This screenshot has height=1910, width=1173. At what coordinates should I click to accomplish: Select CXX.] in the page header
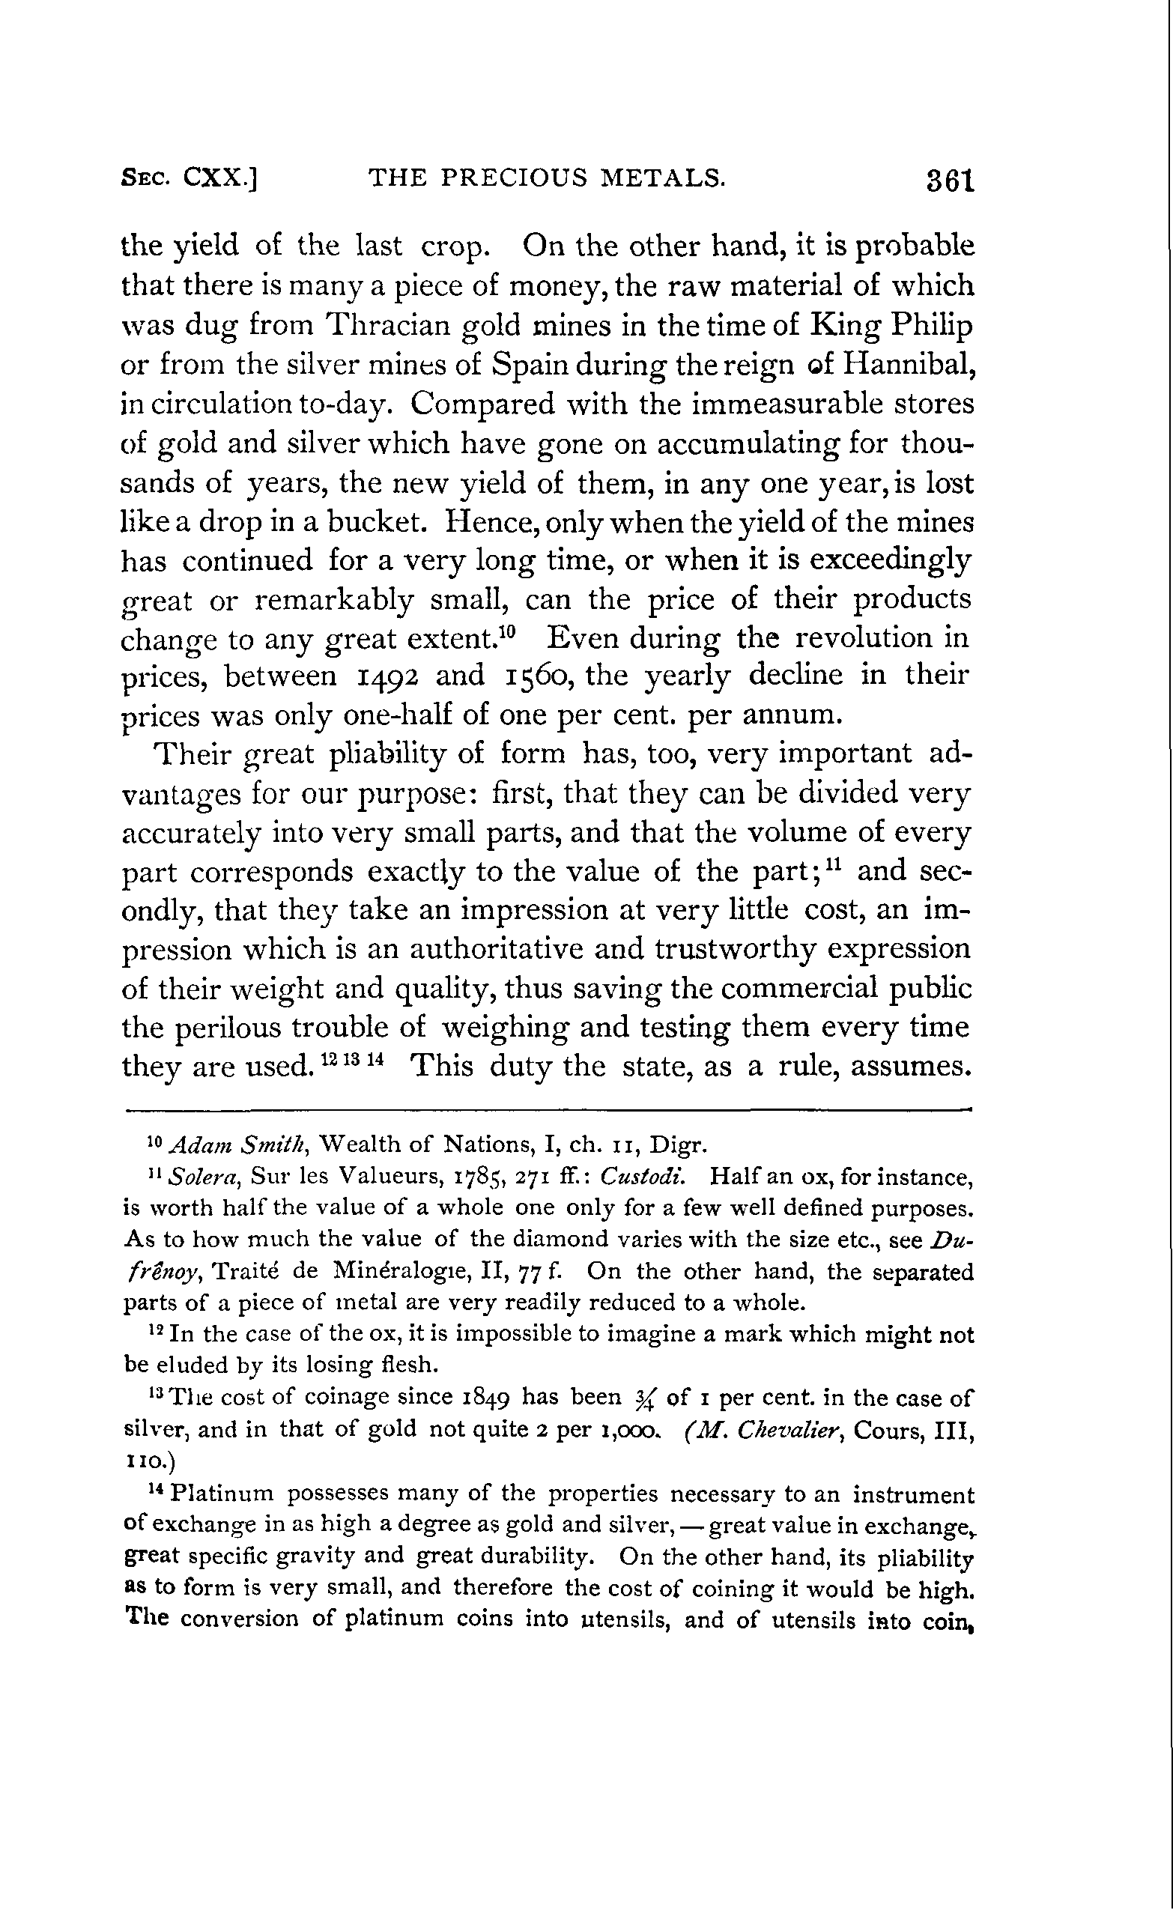pos(219,179)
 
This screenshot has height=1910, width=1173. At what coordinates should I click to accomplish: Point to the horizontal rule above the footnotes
pos(548,1110)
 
